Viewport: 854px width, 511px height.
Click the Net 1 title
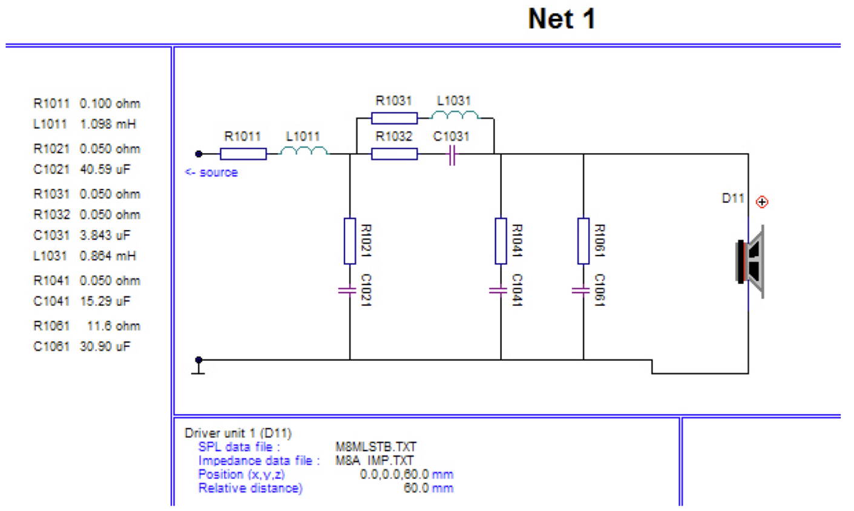point(562,19)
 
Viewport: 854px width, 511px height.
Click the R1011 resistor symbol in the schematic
point(243,154)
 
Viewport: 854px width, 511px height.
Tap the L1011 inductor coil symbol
point(304,151)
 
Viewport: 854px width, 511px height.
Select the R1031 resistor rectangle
point(394,118)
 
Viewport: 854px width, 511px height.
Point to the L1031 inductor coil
point(455,115)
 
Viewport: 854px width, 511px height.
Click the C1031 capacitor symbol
point(452,155)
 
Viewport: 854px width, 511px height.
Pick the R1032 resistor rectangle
point(394,154)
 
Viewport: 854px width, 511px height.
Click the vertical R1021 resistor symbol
point(350,241)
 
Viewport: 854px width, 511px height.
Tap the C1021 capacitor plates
point(347,291)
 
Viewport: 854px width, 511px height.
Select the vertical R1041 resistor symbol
point(501,241)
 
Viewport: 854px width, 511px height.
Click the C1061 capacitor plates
point(580,291)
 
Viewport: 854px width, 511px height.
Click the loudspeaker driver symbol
point(749,262)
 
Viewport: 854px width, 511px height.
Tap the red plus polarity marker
point(762,202)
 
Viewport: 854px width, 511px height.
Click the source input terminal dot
point(199,154)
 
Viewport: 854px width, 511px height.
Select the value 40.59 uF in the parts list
point(105,170)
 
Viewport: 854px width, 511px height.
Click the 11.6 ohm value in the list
point(114,326)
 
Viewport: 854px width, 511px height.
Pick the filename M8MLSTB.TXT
point(376,447)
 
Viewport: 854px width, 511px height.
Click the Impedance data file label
point(259,461)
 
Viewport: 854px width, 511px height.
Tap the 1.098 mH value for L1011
point(108,124)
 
